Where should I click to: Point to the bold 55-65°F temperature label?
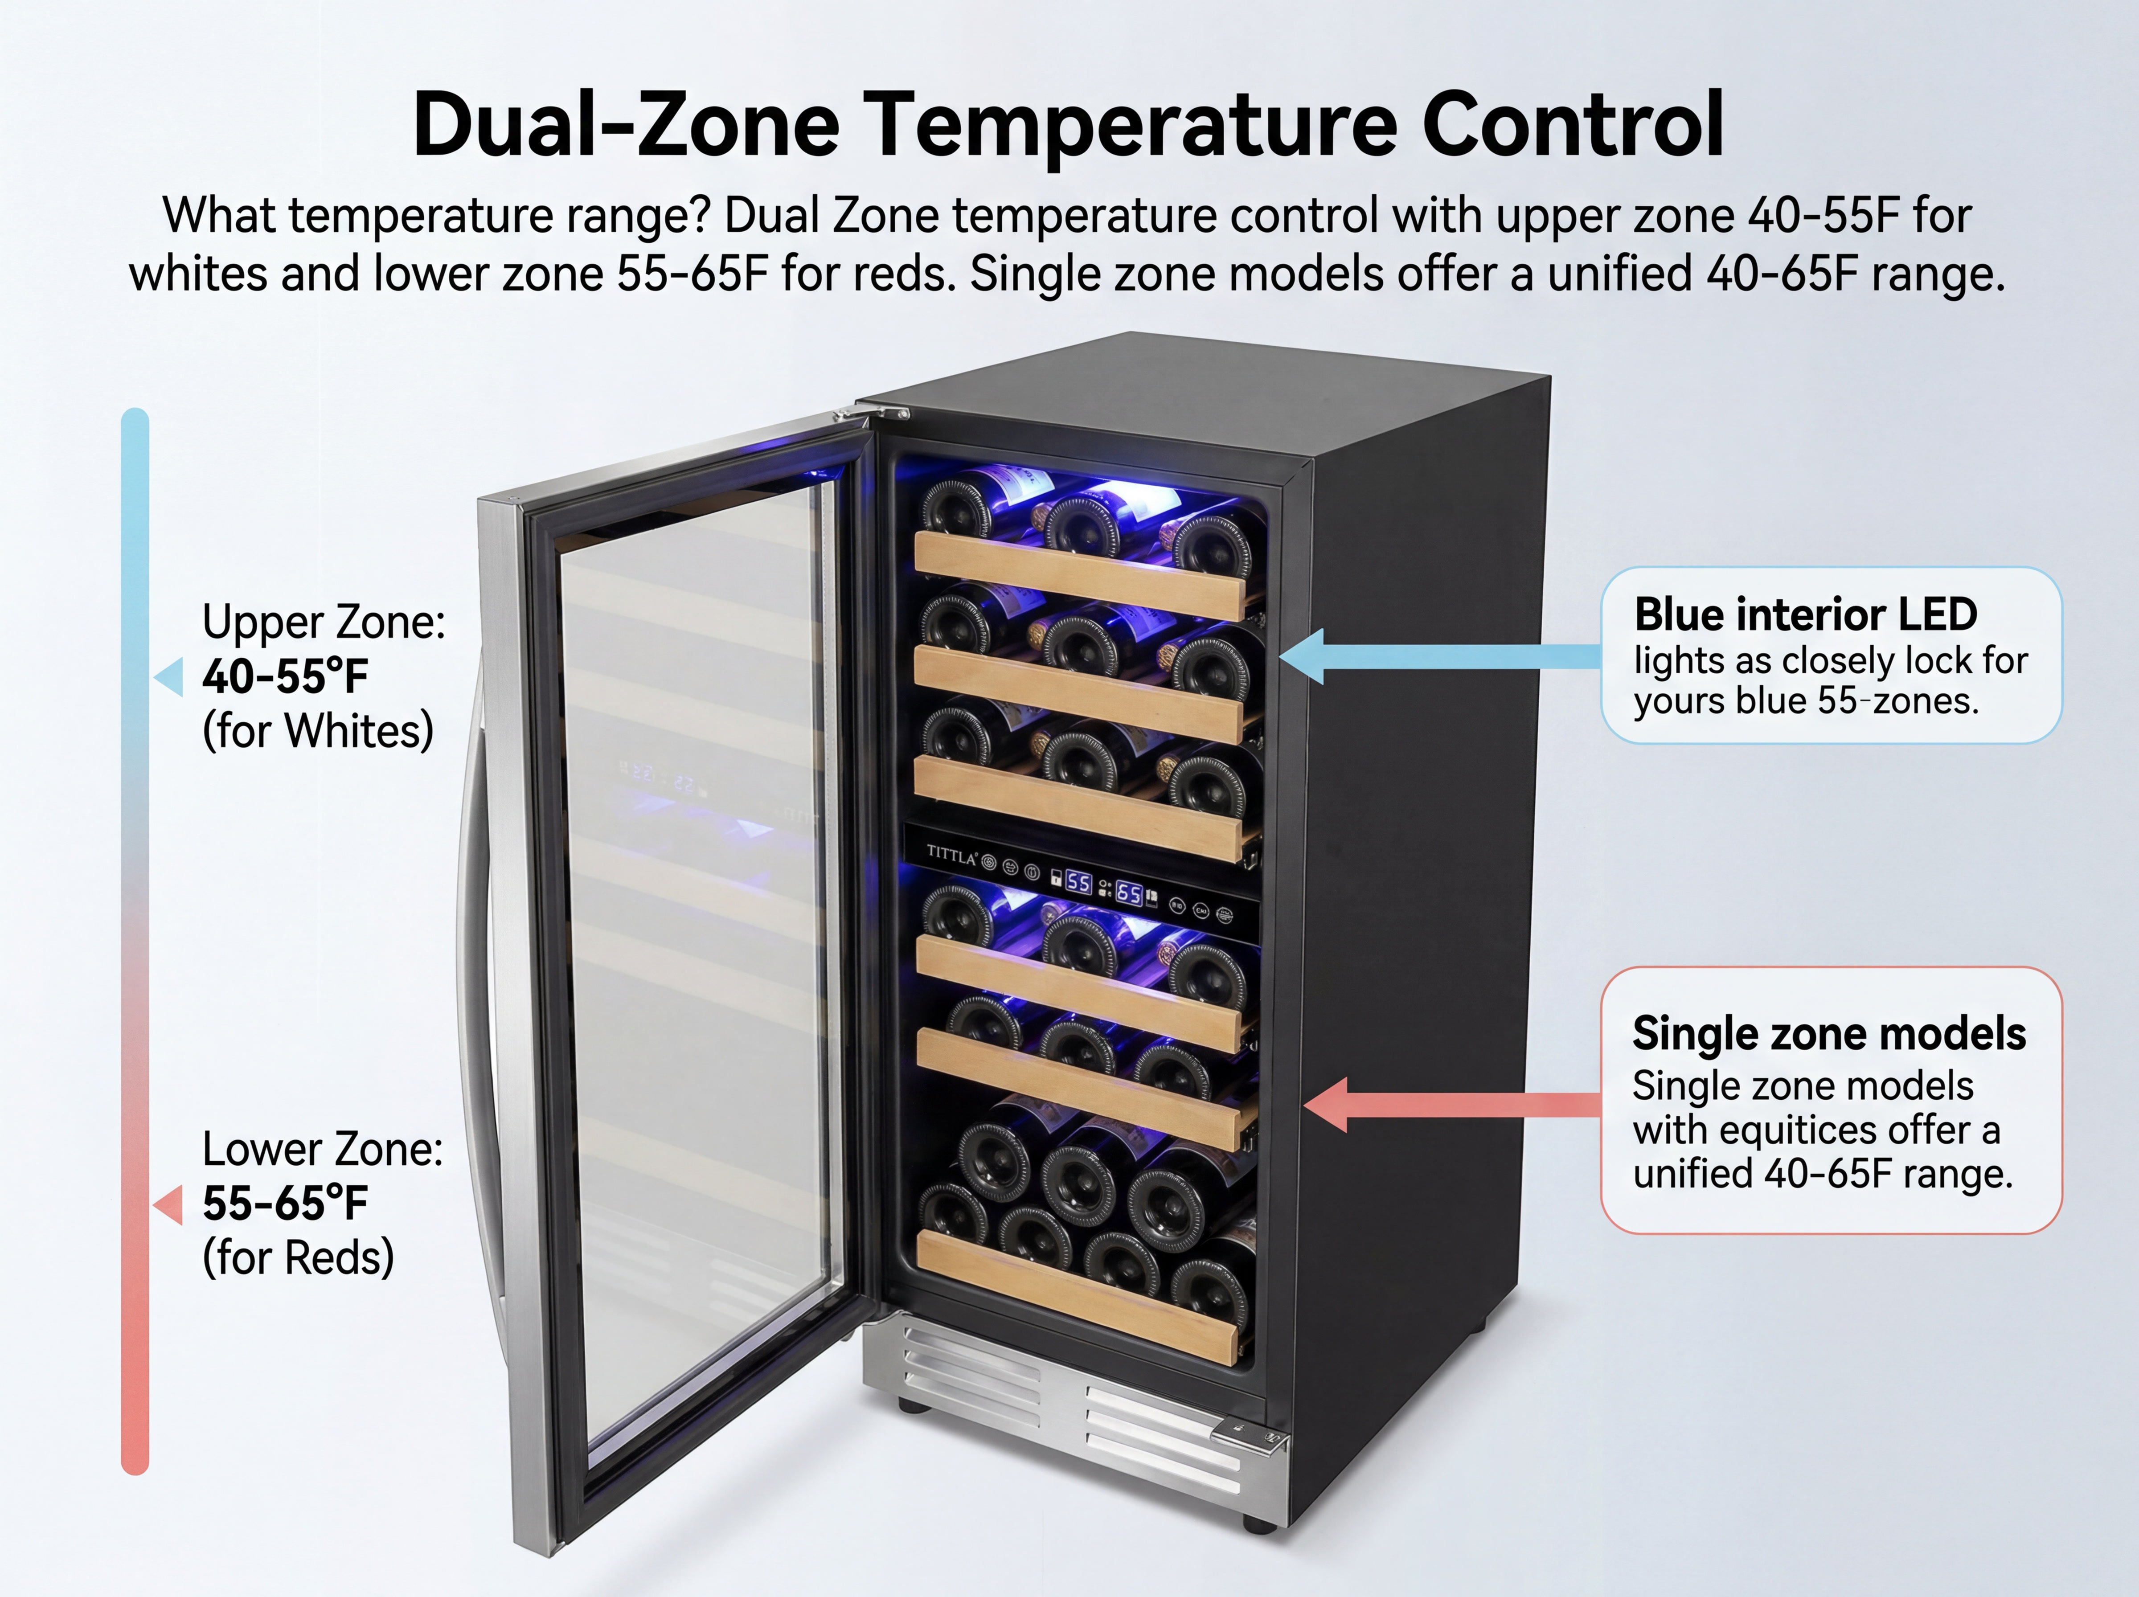point(285,1204)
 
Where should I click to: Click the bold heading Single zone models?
point(1829,1033)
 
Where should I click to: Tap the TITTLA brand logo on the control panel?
point(952,855)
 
